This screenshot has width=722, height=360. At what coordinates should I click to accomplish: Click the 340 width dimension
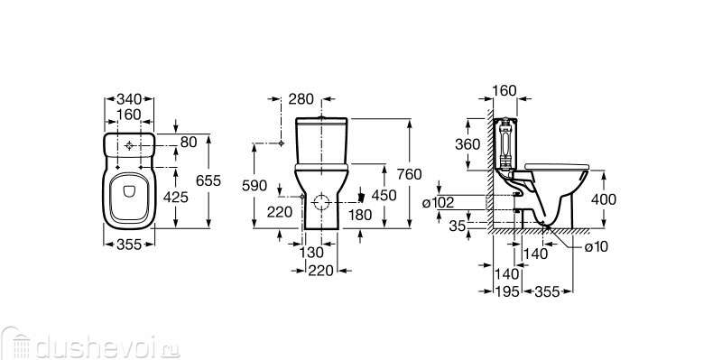tap(129, 99)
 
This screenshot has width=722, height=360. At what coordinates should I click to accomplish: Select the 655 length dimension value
tap(208, 181)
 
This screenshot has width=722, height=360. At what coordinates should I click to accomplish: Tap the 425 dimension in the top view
tap(176, 197)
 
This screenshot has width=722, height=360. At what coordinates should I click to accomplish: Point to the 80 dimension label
tap(189, 143)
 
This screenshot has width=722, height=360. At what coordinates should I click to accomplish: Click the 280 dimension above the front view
tap(301, 99)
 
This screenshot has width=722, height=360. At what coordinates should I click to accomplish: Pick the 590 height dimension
tap(255, 186)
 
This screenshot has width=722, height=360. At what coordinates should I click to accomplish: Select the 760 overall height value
tap(410, 174)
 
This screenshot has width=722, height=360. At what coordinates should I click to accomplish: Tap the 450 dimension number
tap(384, 195)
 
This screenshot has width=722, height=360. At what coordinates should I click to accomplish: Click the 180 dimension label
tap(359, 215)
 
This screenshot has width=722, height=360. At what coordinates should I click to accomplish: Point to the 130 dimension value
tap(311, 253)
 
